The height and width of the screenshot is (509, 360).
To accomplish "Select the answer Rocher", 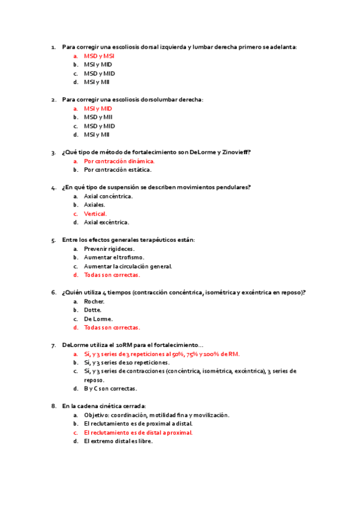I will (x=94, y=301).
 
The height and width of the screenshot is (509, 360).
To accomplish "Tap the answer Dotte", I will (x=93, y=310).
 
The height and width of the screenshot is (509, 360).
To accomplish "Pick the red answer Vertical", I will (x=95, y=214).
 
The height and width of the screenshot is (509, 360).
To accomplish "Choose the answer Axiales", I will (x=94, y=205).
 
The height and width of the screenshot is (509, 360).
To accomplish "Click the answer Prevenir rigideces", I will (x=109, y=248).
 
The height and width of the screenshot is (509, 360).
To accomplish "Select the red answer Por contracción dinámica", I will (x=119, y=161).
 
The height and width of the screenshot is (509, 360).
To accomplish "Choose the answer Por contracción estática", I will (x=118, y=170).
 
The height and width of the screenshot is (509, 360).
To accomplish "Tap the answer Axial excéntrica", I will (x=106, y=222).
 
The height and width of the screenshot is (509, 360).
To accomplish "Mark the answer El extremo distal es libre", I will (x=118, y=441).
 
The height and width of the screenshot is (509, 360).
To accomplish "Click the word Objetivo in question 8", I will (x=97, y=415).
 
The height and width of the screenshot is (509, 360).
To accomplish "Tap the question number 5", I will (x=54, y=240).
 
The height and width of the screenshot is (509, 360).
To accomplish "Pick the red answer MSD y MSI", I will (x=100, y=56).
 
